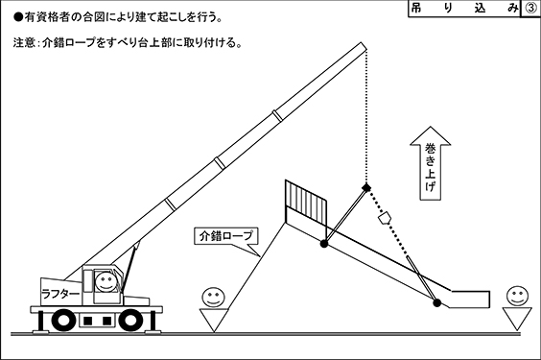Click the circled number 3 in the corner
tap(530, 8)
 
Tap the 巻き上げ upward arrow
tap(431, 163)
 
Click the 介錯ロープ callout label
tap(226, 236)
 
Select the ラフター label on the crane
tap(60, 294)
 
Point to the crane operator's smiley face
tap(106, 282)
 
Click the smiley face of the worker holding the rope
tap(213, 298)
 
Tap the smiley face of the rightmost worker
tap(517, 296)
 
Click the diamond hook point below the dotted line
tap(366, 187)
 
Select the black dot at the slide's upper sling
tap(323, 244)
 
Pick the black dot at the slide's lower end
tap(436, 303)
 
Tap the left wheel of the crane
tap(63, 321)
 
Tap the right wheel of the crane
tap(130, 321)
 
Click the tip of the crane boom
tap(362, 43)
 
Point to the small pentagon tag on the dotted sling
tap(385, 218)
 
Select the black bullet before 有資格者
tap(18, 17)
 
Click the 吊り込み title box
tap(464, 8)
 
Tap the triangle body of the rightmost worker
tap(517, 319)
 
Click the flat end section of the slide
tap(470, 299)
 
